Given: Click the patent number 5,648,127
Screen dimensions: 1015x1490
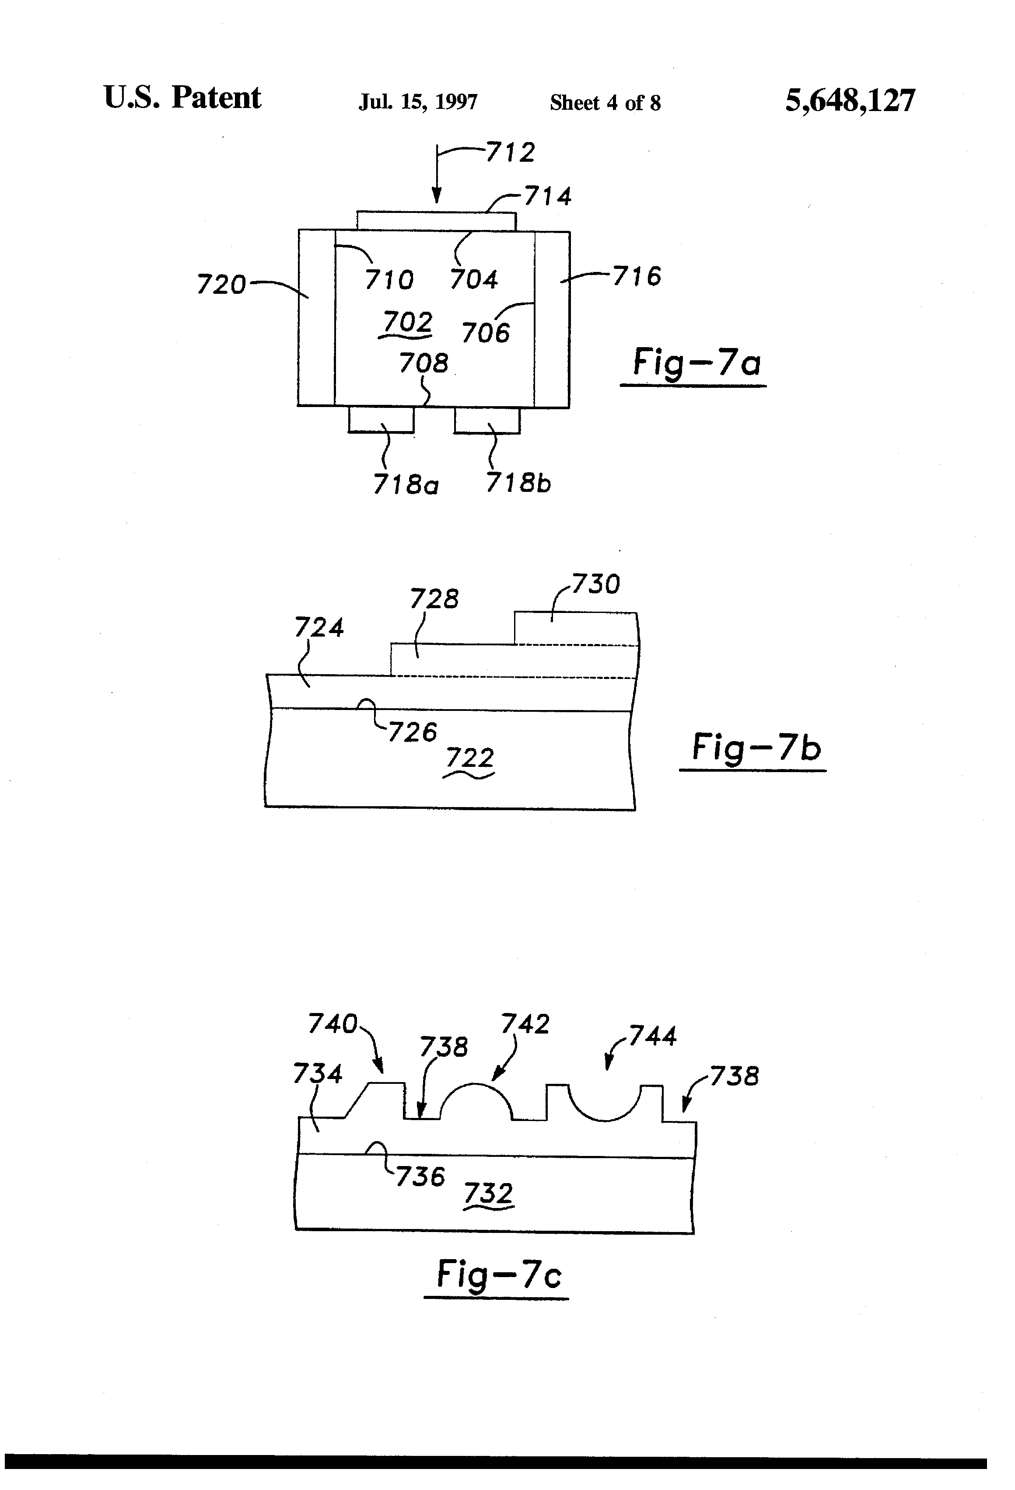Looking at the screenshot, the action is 850,101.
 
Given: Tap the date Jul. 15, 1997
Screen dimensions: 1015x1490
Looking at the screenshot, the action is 418,102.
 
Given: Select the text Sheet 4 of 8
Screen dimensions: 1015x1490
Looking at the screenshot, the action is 605,103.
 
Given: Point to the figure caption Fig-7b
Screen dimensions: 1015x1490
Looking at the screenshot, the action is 756,748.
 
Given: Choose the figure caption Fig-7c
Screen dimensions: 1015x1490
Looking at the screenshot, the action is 498,1274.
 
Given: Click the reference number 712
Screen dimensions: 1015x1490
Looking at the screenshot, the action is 510,153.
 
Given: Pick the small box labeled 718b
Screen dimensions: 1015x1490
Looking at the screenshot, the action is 487,420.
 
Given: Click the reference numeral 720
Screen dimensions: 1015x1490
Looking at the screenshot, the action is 221,284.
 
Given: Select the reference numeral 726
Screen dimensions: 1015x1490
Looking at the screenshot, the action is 413,732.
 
